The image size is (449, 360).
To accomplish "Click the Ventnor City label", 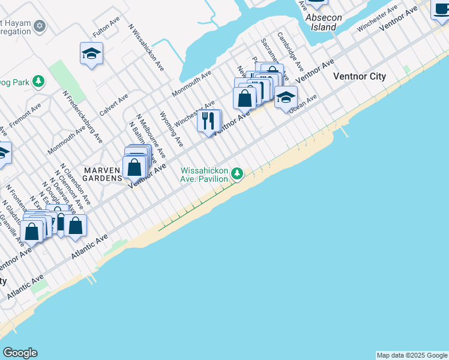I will click(360, 76).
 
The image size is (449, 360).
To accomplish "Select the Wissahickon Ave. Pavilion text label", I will click(205, 175).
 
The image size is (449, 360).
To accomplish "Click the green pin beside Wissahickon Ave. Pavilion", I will click(238, 174).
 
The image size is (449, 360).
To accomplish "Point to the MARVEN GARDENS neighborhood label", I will click(101, 174).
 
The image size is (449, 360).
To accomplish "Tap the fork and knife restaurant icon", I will click(209, 121).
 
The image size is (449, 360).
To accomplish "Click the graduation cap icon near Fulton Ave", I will click(92, 54).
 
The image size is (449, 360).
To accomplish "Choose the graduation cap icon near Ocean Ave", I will click(286, 97).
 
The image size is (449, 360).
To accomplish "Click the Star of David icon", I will click(40, 26).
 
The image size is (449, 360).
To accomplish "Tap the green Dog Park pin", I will click(39, 81).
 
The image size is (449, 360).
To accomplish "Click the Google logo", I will click(20, 353).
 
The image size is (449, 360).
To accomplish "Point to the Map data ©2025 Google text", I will click(412, 355).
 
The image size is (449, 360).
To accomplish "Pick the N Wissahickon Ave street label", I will click(146, 48).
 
